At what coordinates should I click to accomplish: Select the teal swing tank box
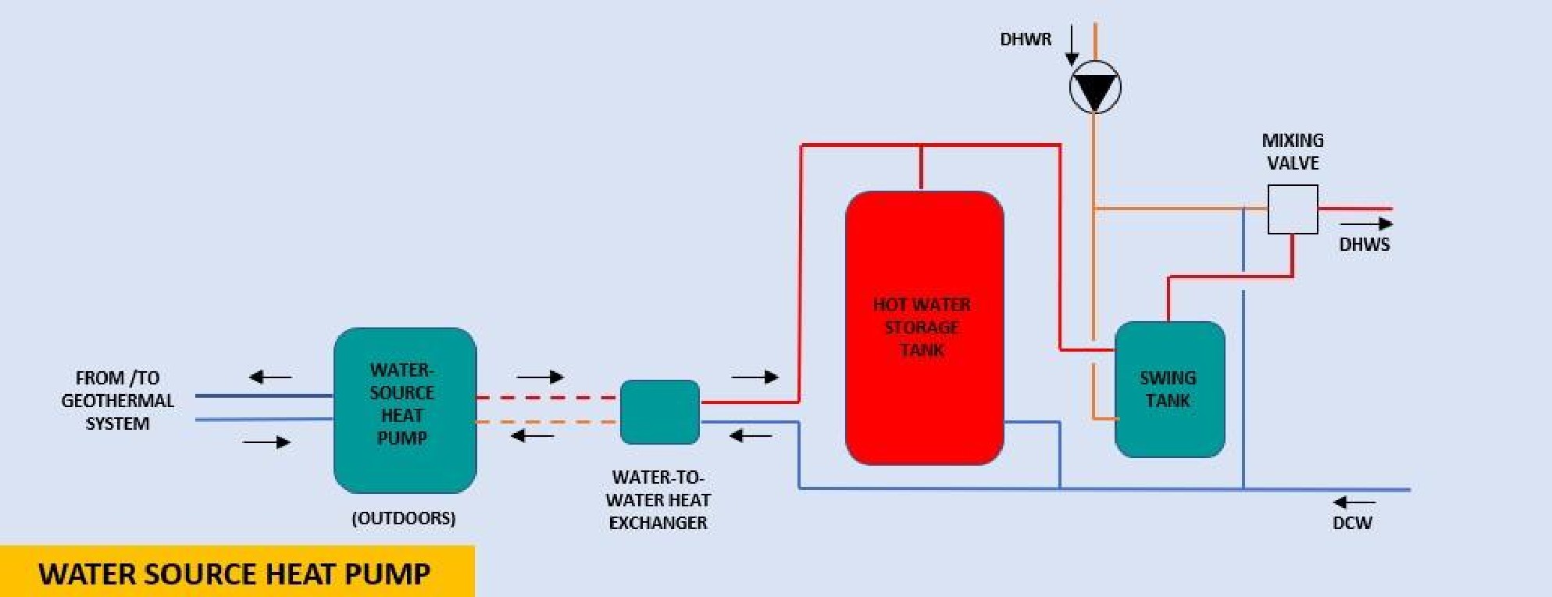click(1169, 389)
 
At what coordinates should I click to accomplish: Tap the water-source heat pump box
click(405, 409)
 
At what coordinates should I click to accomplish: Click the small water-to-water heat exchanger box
click(659, 412)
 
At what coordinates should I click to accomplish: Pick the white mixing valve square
click(1292, 209)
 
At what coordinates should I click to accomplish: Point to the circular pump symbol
click(1095, 87)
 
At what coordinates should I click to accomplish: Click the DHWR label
click(1026, 39)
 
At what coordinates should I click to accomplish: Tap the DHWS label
click(1364, 245)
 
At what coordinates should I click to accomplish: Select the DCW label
click(1352, 523)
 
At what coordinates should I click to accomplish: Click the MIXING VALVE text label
click(1293, 152)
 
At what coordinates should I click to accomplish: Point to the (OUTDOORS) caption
click(403, 518)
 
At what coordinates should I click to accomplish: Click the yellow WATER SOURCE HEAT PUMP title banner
click(236, 573)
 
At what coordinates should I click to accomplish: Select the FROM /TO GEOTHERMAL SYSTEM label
click(117, 401)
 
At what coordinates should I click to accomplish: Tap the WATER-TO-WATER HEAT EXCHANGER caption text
click(658, 499)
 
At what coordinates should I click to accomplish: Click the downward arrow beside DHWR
click(1072, 45)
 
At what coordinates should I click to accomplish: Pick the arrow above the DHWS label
click(1366, 224)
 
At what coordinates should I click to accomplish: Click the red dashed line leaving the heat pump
click(547, 398)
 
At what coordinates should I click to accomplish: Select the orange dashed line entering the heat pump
click(547, 422)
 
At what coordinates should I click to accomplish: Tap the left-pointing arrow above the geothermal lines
click(270, 377)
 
